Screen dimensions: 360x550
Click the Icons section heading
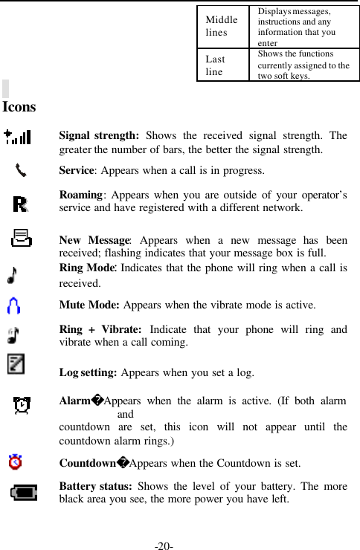coord(19,107)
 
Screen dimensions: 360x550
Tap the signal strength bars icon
coord(16,137)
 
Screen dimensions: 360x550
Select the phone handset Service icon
coord(21,170)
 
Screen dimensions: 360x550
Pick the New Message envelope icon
coord(22,239)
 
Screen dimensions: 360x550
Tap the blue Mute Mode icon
coord(13,305)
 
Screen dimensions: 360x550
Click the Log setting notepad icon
coord(15,364)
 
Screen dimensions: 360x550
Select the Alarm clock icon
coord(22,406)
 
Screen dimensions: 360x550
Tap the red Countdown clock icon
coord(15,463)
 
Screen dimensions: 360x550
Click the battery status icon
coord(24,493)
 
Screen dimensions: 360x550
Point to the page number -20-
coord(164,547)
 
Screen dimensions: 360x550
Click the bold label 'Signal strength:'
coord(99,136)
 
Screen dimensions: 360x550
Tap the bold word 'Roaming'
coord(80,195)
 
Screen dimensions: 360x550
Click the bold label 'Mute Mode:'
coord(90,305)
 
